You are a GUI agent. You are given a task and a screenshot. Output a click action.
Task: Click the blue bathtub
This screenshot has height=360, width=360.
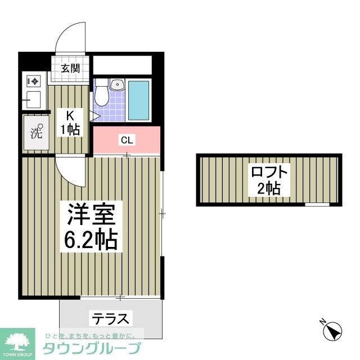[138, 101]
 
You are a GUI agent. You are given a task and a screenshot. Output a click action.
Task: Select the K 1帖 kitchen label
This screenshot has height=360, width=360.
[70, 123]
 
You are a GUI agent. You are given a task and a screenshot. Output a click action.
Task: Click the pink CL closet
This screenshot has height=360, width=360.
[126, 141]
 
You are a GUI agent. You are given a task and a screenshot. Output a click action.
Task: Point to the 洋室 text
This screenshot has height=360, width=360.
[91, 214]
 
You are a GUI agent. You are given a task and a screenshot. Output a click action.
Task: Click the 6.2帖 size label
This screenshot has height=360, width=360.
[92, 241]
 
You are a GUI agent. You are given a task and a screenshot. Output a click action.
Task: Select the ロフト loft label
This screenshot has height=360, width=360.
[268, 172]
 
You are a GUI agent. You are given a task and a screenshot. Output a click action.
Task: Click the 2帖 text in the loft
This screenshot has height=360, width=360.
[268, 189]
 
